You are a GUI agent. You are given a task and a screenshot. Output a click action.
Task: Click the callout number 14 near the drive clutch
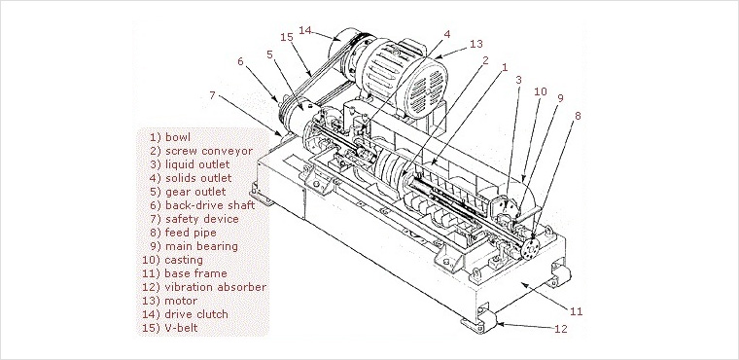click(x=305, y=30)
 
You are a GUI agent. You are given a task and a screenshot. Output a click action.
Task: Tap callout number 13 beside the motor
click(x=476, y=44)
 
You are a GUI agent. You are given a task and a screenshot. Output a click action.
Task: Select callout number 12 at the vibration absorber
click(x=560, y=329)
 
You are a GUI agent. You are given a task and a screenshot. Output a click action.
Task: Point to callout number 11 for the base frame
click(x=577, y=311)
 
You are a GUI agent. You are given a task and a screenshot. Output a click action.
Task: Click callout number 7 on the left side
click(x=212, y=95)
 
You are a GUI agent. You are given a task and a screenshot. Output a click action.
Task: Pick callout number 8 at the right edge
click(x=578, y=116)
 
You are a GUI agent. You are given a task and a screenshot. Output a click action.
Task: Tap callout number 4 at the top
click(x=446, y=34)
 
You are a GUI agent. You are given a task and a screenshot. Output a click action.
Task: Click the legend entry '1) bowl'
click(x=170, y=137)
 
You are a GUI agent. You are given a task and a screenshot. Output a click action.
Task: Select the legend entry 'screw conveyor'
click(x=209, y=151)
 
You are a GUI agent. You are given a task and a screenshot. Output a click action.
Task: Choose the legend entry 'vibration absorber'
click(x=216, y=287)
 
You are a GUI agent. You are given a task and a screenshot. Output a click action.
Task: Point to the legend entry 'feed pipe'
click(x=191, y=233)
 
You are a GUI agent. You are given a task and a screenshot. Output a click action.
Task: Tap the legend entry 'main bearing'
click(x=201, y=246)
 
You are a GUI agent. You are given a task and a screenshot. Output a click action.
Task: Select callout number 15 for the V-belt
click(x=287, y=37)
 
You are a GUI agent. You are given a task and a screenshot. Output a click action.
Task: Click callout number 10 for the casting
click(x=540, y=91)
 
